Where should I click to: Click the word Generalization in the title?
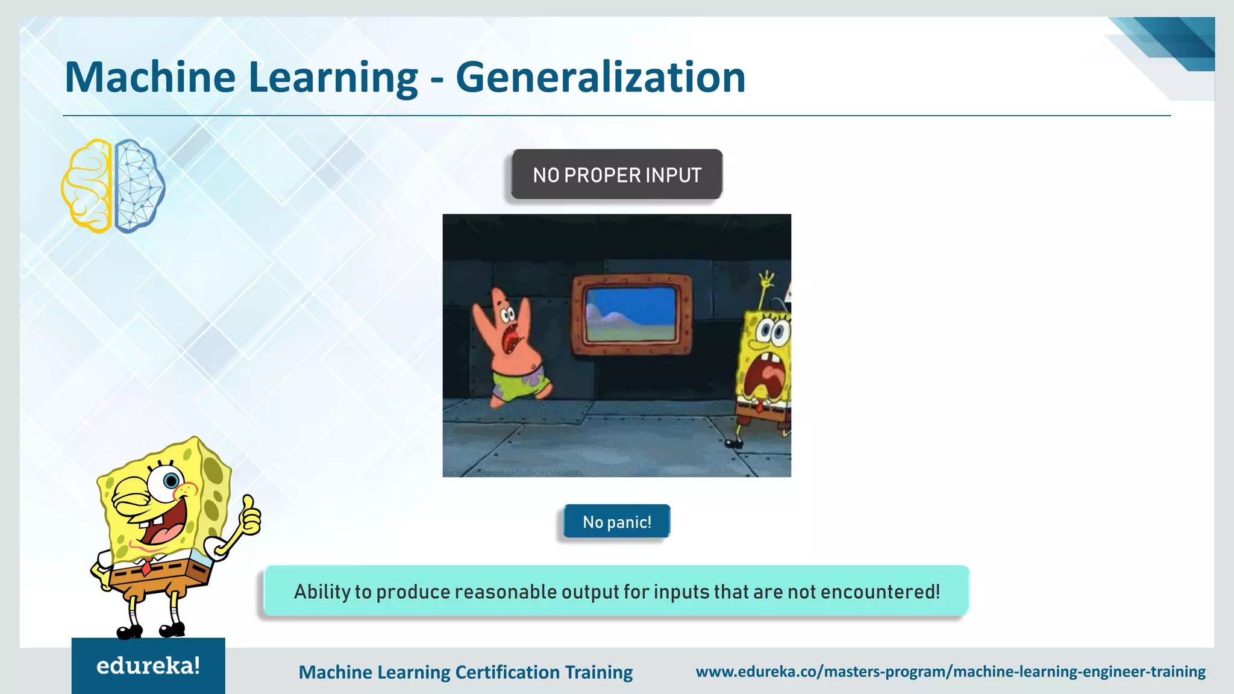tap(600, 77)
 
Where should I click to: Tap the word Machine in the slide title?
tap(150, 77)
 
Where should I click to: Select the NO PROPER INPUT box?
tap(616, 175)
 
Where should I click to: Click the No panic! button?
tap(616, 522)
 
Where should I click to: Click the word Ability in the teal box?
tap(321, 592)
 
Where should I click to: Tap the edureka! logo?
tap(148, 666)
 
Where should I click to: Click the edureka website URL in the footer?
tap(950, 671)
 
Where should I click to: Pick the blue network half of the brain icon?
tap(139, 186)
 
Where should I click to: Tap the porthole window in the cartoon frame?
tap(631, 314)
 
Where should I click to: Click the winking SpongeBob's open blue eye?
tap(171, 481)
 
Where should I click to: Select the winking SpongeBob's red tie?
tap(146, 566)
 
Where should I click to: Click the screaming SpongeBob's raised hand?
tap(766, 281)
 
